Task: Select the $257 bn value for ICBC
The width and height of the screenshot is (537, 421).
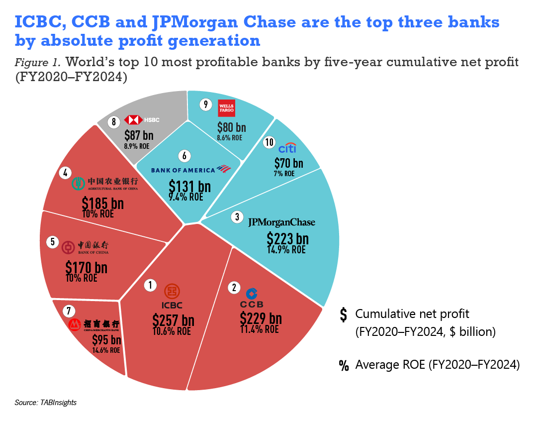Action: coord(173,320)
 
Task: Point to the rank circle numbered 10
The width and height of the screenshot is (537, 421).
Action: coord(269,143)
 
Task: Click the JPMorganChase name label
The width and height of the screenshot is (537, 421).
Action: coord(281,222)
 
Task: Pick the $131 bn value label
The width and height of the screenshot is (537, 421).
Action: coord(189,187)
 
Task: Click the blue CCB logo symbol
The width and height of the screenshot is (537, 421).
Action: coord(252,293)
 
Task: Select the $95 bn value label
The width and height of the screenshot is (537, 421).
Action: coord(106,340)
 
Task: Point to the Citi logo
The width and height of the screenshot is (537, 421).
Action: coord(288,149)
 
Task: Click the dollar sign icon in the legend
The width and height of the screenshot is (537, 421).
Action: coord(343,315)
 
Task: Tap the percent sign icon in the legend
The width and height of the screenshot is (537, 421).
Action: coord(344,366)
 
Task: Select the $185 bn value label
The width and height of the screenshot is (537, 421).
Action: coord(103,204)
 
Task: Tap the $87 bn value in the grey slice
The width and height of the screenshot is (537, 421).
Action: coord(139,136)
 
